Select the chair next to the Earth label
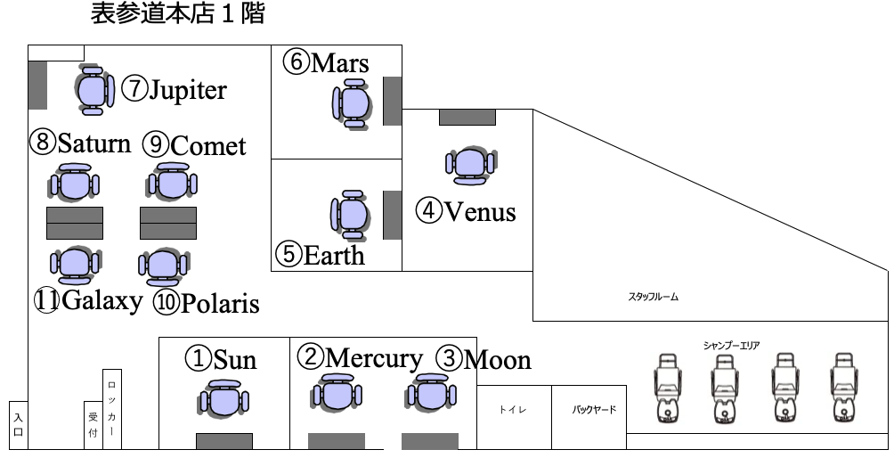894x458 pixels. coord(353,214)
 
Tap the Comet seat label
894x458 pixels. coord(194,144)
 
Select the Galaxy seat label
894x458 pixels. coord(88,300)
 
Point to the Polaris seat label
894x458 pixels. coord(206,303)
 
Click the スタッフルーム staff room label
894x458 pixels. coord(654,297)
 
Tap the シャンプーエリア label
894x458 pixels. coord(731,345)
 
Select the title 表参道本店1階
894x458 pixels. coord(177,15)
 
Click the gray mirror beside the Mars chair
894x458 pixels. coord(392,101)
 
